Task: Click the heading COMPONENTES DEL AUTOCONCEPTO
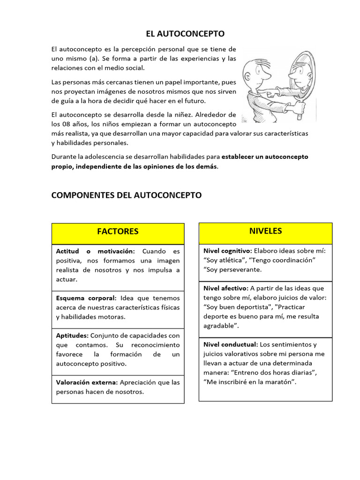[x=127, y=195]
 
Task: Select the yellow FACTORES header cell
[x=118, y=232]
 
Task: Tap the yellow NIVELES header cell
[x=265, y=231]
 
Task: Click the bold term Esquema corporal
[x=86, y=298]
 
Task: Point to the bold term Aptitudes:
[x=72, y=336]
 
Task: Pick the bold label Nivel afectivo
[x=226, y=288]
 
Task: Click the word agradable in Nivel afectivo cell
[x=219, y=326]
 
